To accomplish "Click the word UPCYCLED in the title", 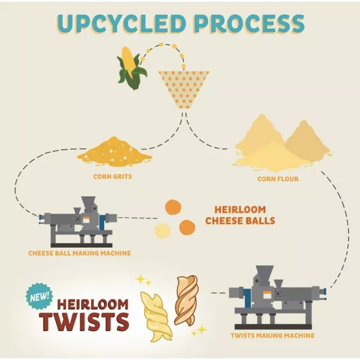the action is point(121,23).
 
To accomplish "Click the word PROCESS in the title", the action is point(251,23).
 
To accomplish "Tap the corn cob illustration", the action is point(131,68).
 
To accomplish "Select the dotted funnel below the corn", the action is point(184,90).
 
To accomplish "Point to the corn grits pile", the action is point(115,152).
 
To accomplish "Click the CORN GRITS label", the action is point(113,176).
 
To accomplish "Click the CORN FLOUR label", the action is point(278,179).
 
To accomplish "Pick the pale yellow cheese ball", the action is point(162,230).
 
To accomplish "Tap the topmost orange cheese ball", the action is point(173,208).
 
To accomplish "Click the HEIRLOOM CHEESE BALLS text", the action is point(240,215).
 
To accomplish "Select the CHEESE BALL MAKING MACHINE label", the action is point(80,253).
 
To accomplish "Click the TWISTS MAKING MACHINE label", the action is point(273,335).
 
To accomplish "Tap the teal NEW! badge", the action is point(40,296).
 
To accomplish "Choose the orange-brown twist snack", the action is point(186,301).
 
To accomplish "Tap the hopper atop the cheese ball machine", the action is point(88,203).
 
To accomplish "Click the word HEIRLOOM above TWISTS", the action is point(93,304).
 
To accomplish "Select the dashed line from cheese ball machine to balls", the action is point(137,218).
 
